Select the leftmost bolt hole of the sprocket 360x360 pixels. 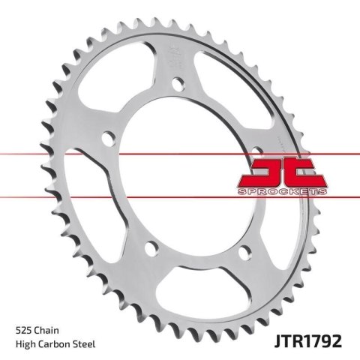click(x=106, y=139)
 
